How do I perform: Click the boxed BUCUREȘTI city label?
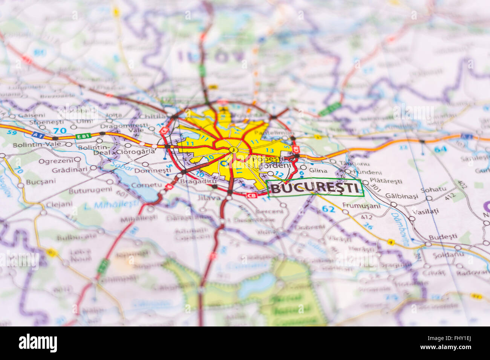pos(315,188)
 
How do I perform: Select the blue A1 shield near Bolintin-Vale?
pos(36,135)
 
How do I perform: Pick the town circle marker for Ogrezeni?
pos(77,160)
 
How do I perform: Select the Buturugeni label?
pos(85,191)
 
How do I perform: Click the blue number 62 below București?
pos(328,209)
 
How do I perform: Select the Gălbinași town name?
pos(401,196)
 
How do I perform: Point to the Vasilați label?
pos(425,211)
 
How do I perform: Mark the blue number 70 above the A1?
pos(60,131)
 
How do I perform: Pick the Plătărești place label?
pos(386,181)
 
